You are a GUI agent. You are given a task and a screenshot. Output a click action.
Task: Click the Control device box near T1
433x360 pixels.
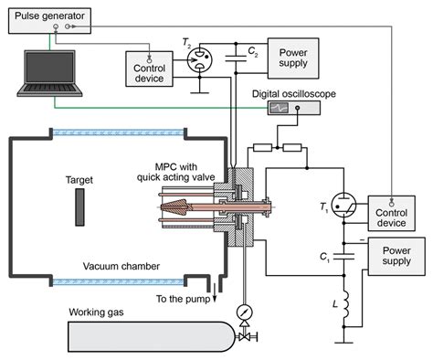(391, 214)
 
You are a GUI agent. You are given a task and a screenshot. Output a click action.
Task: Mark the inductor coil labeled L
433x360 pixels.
(345, 316)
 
